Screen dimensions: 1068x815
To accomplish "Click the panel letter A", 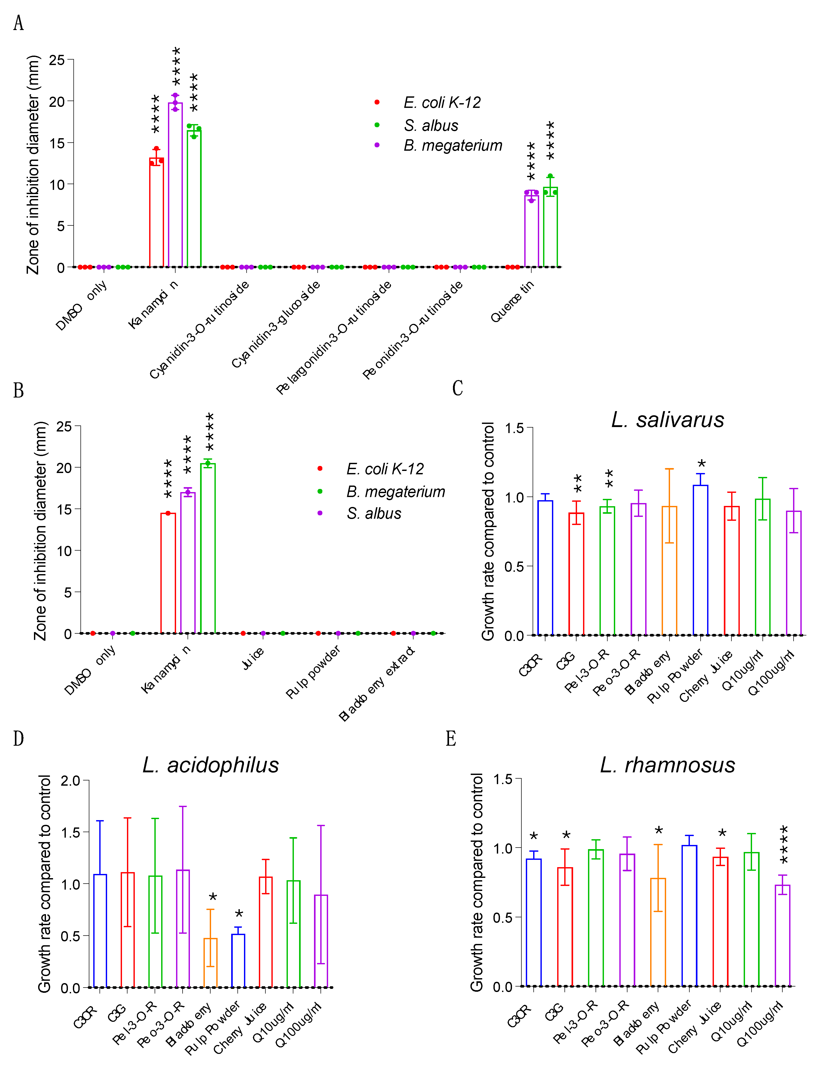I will pos(19,23).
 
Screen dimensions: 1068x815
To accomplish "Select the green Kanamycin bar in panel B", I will pos(208,548).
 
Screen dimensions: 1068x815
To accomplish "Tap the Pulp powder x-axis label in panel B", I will pos(313,672).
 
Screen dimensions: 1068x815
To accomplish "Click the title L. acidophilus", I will pos(211,765).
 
